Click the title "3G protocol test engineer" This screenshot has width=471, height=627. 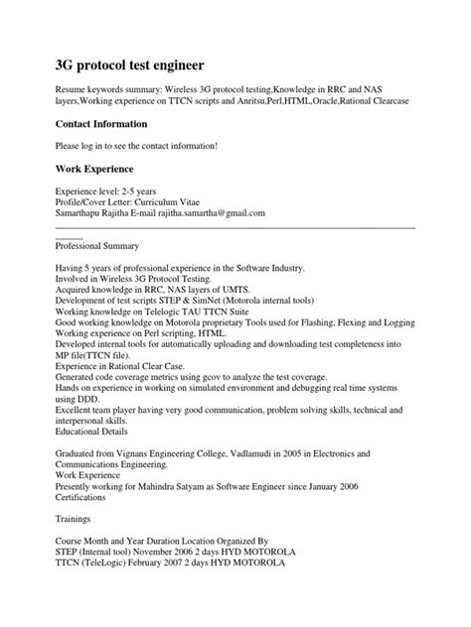130,65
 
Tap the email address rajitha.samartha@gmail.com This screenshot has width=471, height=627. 209,213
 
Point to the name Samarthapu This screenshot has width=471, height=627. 82,213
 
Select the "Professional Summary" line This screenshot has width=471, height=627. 97,245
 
